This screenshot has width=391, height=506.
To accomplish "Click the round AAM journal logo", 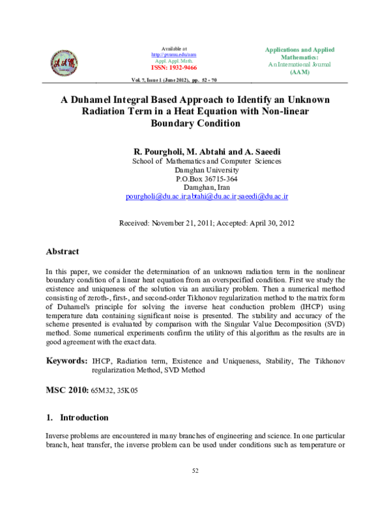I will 64,63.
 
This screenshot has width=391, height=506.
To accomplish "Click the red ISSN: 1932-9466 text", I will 173,68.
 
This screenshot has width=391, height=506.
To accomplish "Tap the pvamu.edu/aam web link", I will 173,55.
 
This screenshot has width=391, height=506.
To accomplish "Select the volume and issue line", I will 174,80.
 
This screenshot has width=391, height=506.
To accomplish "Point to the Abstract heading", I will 62,252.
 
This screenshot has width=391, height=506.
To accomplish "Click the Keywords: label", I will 66,361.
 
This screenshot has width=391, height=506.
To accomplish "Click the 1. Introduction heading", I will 77,417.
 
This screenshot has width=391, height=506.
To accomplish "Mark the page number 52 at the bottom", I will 195,470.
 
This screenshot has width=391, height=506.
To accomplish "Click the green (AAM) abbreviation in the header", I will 299,72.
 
